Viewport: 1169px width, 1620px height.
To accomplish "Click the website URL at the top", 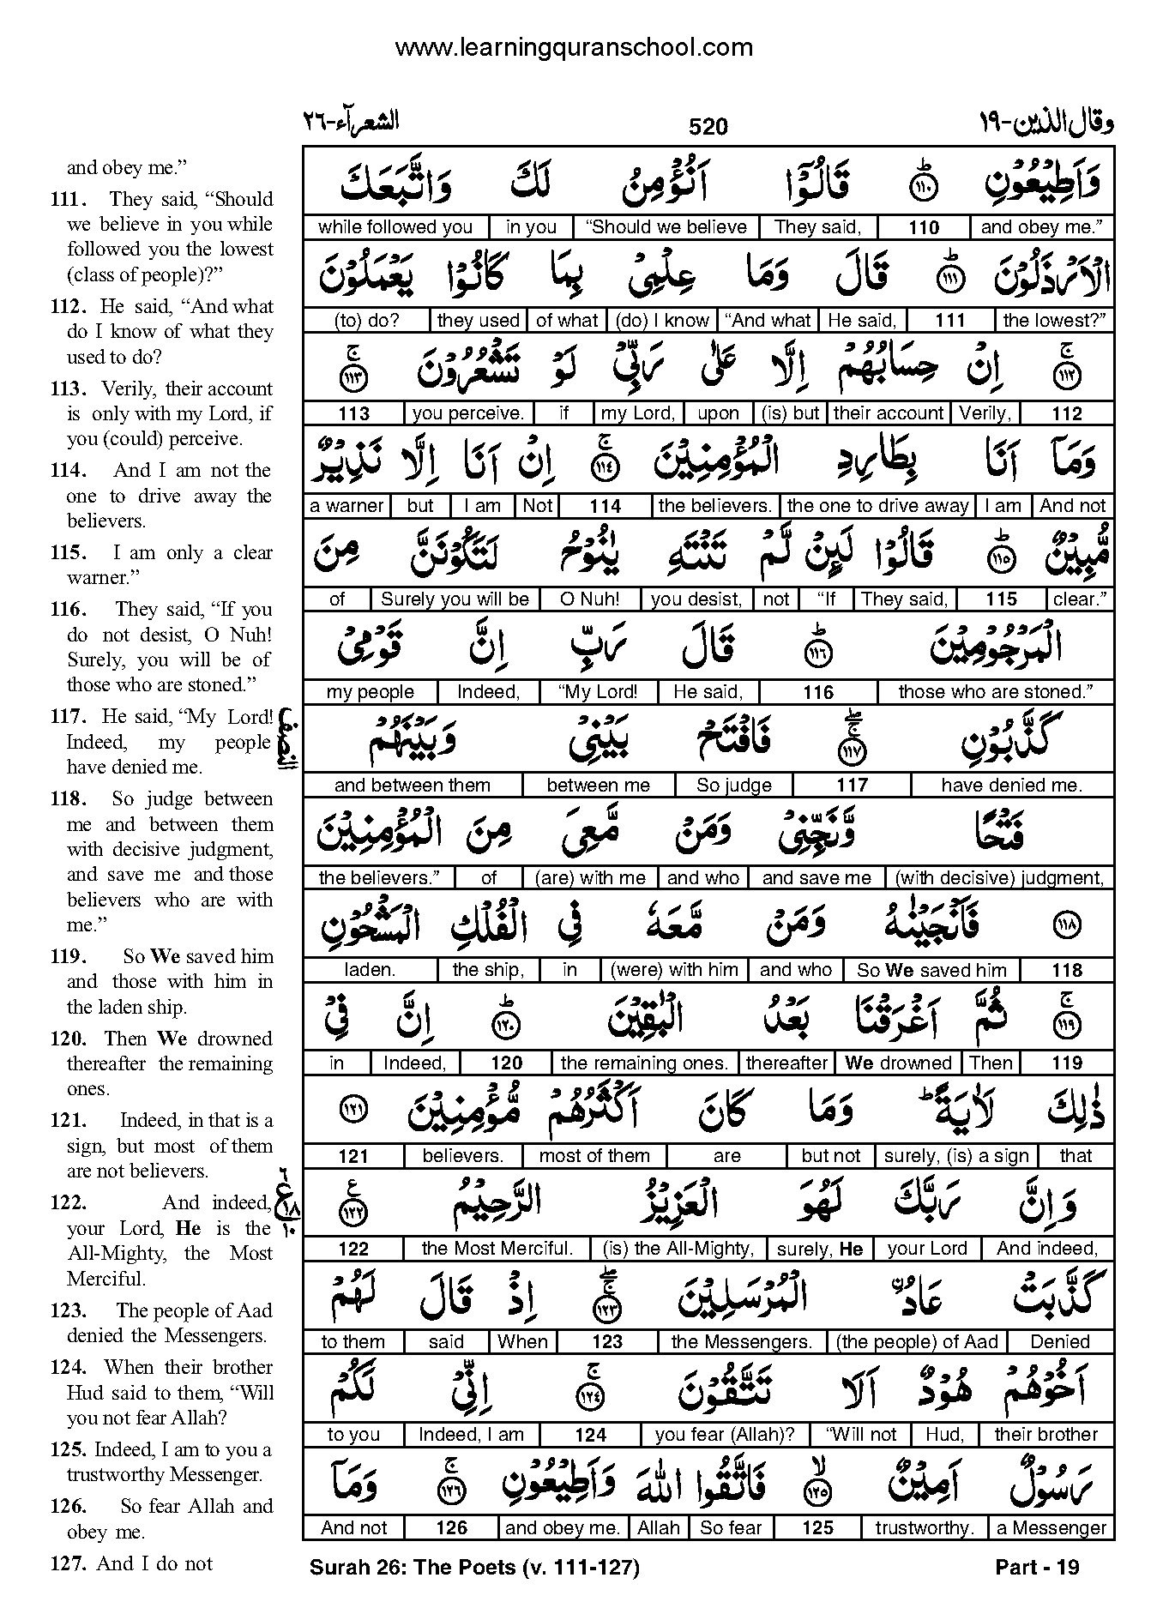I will [574, 48].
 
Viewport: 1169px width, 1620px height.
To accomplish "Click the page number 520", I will [708, 128].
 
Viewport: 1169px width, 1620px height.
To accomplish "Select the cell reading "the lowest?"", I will [1054, 321].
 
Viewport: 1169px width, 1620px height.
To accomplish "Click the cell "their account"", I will [888, 413].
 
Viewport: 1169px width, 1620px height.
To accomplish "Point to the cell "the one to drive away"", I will [877, 506].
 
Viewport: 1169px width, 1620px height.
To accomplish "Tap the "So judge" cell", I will [733, 786].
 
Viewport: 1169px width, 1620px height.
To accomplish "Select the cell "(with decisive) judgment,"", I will [998, 878].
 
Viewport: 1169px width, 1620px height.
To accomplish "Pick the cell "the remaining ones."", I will [644, 1063].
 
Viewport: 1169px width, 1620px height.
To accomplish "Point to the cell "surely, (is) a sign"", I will [955, 1156].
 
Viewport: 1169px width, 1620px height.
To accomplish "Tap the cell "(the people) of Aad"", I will [917, 1342].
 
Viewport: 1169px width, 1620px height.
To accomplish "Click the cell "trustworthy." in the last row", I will [924, 1528].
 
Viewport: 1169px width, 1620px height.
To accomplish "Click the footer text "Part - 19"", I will [1037, 1568].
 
